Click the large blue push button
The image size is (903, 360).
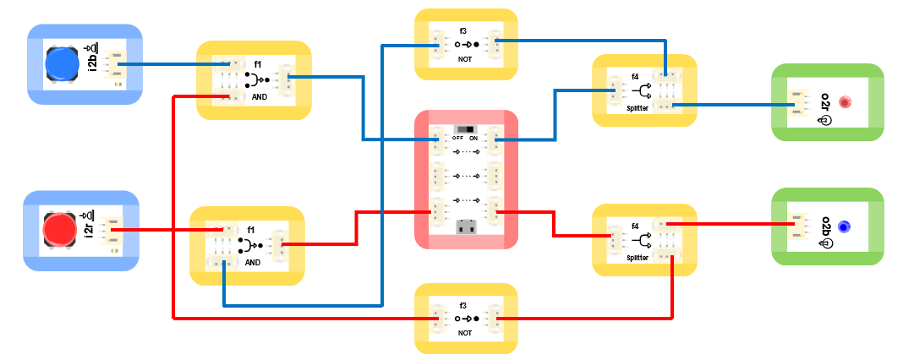click(63, 64)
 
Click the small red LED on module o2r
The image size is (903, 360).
click(844, 102)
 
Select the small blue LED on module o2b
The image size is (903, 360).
click(844, 226)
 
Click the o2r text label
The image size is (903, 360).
click(825, 101)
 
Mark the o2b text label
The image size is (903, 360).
click(825, 226)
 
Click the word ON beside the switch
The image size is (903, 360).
click(473, 138)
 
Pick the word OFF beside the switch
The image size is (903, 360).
click(457, 138)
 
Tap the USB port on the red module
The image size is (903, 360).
click(465, 226)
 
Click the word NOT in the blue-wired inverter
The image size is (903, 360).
click(465, 60)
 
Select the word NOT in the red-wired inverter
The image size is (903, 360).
click(465, 333)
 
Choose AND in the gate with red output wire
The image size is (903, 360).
click(253, 262)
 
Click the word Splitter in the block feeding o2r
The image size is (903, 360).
click(638, 108)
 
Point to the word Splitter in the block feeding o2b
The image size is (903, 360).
click(638, 257)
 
